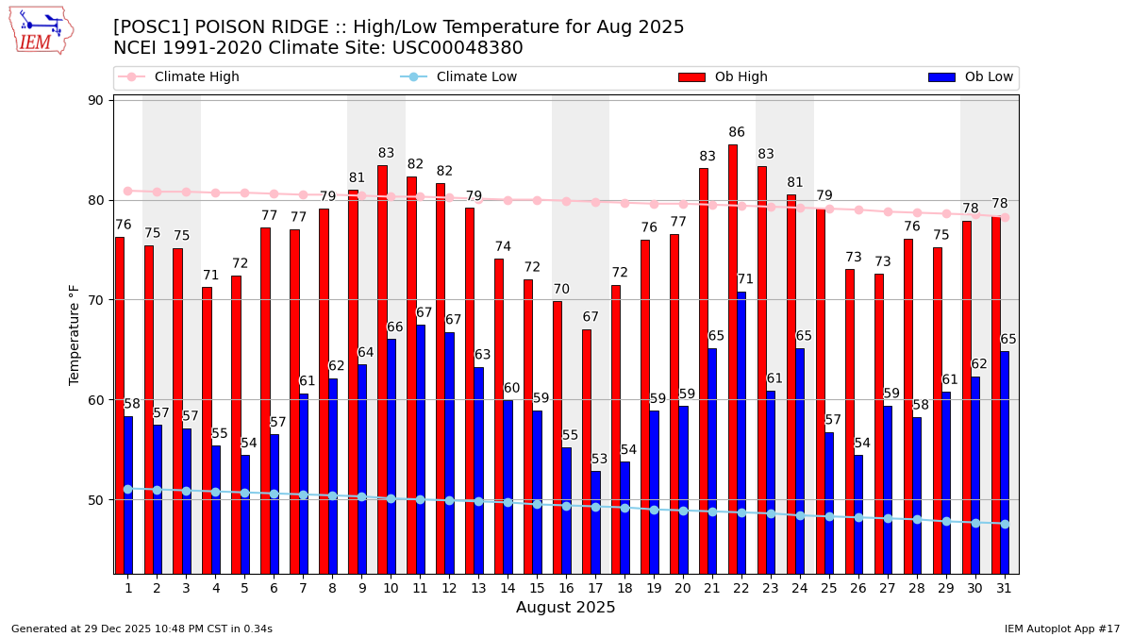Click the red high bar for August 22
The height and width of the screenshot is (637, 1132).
[x=733, y=359]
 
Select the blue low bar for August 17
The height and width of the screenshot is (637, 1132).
[x=595, y=522]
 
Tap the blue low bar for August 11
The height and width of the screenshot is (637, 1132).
[x=421, y=449]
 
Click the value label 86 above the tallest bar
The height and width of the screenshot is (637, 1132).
[x=737, y=133]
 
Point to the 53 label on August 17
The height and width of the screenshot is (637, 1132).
[x=600, y=460]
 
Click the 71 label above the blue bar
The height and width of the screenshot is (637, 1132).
[x=745, y=279]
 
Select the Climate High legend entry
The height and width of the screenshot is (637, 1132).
[x=196, y=77]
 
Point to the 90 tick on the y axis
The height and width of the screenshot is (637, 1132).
[x=97, y=100]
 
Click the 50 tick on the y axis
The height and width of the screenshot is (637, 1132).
[x=97, y=500]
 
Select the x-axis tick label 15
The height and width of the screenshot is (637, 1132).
[x=536, y=588]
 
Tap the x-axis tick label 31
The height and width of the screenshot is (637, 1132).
[x=1004, y=588]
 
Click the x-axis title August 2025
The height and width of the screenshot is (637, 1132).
[x=565, y=608]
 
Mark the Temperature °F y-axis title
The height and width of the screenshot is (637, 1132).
[x=75, y=335]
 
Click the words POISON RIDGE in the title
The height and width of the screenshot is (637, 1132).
[x=250, y=27]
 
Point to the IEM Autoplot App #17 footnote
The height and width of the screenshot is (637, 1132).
[x=1062, y=629]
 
